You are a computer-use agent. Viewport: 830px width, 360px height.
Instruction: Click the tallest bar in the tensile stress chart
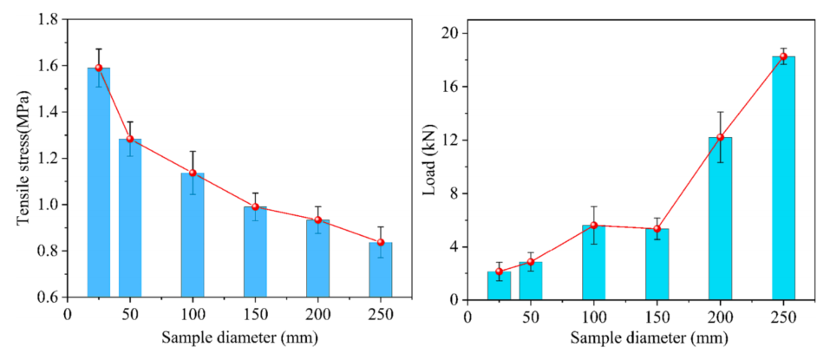click(x=98, y=182)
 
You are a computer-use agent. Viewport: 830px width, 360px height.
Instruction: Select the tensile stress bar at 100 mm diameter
click(x=193, y=234)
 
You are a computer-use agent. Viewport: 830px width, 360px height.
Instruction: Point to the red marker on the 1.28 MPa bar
click(x=130, y=139)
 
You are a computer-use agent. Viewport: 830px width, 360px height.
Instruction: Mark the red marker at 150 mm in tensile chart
click(x=255, y=206)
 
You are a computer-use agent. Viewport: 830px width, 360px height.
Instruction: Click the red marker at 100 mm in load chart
click(x=594, y=226)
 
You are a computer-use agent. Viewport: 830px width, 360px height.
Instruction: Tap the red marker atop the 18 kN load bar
click(x=783, y=56)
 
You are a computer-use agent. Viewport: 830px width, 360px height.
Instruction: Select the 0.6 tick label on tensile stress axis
click(x=49, y=298)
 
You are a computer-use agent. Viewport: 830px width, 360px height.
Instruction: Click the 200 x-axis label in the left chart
click(x=317, y=314)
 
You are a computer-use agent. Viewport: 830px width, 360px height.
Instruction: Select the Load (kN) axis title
click(x=428, y=165)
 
